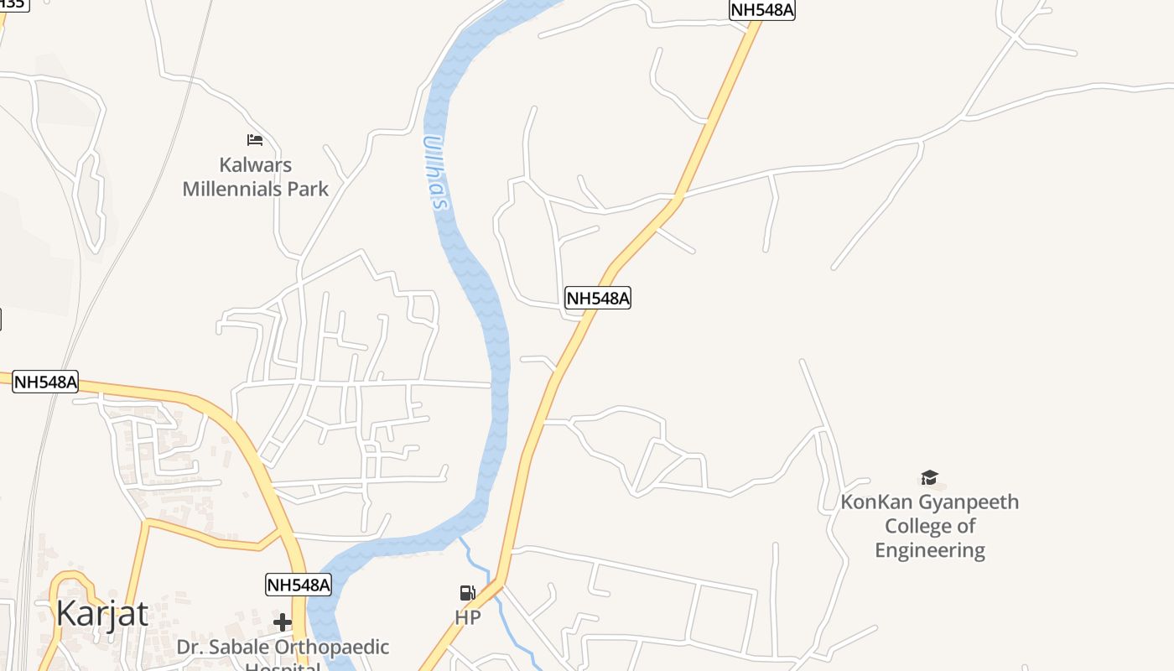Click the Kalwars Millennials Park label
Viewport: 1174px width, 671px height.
pyautogui.click(x=256, y=176)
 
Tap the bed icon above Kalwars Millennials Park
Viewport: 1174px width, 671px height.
pyautogui.click(x=255, y=139)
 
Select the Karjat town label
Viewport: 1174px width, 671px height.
pyautogui.click(x=101, y=614)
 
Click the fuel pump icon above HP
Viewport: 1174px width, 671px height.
pyautogui.click(x=468, y=593)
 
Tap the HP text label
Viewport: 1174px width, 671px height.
pyautogui.click(x=468, y=618)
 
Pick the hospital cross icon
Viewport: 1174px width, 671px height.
pyautogui.click(x=283, y=622)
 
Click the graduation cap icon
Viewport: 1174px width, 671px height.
pyautogui.click(x=929, y=477)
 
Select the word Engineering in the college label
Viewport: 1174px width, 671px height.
pyautogui.click(x=930, y=550)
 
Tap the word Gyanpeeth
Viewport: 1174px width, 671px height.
pyautogui.click(x=969, y=502)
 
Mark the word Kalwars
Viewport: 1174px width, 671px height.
pyautogui.click(x=256, y=164)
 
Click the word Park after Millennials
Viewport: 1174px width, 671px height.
pyautogui.click(x=308, y=189)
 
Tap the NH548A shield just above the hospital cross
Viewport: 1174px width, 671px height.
pyautogui.click(x=299, y=585)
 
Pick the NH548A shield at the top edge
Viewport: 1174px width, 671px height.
pyautogui.click(x=761, y=9)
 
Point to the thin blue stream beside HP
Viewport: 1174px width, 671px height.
pyautogui.click(x=503, y=616)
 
